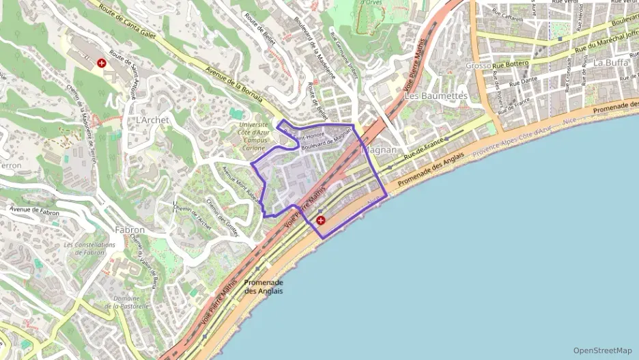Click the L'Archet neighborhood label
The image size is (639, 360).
pyautogui.click(x=152, y=120)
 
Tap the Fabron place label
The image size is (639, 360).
pyautogui.click(x=130, y=230)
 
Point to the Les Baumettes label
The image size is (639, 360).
pyautogui.click(x=436, y=96)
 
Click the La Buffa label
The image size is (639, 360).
pyautogui.click(x=606, y=62)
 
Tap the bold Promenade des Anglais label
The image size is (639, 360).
pyautogui.click(x=264, y=286)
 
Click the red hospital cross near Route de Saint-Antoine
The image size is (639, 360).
pyautogui.click(x=102, y=63)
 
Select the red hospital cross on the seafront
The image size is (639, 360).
pyautogui.click(x=321, y=220)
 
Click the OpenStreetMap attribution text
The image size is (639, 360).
pyautogui.click(x=602, y=350)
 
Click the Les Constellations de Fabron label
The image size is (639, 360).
pyautogui.click(x=89, y=249)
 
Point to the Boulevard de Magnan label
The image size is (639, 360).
pyautogui.click(x=326, y=139)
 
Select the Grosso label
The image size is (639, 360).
pyautogui.click(x=478, y=66)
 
